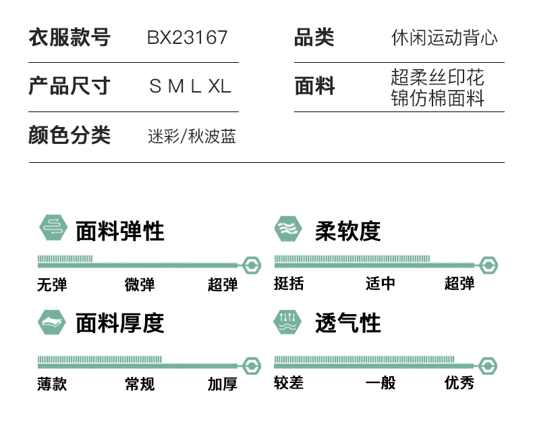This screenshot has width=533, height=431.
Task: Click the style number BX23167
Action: pos(188,37)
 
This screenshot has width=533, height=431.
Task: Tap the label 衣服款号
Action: pos(69,37)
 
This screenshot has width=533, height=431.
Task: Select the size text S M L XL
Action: pos(190,86)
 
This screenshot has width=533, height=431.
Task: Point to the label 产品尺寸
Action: pos(69,86)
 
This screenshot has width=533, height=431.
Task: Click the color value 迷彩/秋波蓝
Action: pos(192,136)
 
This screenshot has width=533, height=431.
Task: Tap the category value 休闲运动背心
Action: pos(445,37)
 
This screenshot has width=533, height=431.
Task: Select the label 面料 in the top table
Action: pos(314,86)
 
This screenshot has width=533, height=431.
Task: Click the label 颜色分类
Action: pos(69,136)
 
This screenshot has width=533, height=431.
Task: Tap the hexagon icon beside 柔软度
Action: pos(288,229)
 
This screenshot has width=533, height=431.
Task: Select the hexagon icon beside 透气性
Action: pos(288,322)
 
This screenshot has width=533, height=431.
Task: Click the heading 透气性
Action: pos(347,323)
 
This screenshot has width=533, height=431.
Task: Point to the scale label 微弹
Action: pos(140,284)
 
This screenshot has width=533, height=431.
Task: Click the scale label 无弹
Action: pos(52,284)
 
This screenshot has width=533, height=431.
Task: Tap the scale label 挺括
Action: pos(289,284)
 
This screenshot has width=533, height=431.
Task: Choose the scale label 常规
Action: pos(140,384)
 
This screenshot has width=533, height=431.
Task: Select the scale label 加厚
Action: pos(223,384)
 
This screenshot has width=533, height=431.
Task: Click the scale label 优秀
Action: pos(459,383)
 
